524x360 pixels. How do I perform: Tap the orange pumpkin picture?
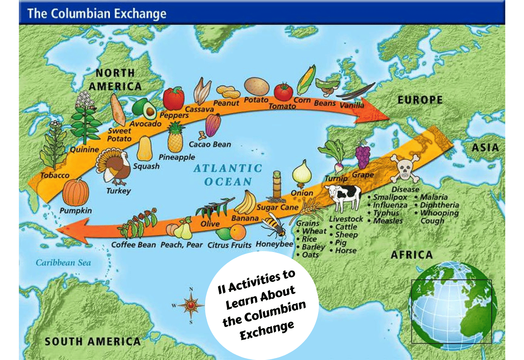(76, 192)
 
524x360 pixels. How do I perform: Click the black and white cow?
(343, 197)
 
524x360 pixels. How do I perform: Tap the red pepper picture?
(174, 99)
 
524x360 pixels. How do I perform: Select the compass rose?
(191, 306)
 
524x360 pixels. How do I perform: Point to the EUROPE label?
(420, 100)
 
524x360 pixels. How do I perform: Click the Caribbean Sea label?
(63, 263)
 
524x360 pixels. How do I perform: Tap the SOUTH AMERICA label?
(92, 342)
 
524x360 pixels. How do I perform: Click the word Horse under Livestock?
(346, 250)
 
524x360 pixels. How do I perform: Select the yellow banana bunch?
(245, 202)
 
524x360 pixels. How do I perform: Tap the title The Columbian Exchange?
(96, 14)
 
